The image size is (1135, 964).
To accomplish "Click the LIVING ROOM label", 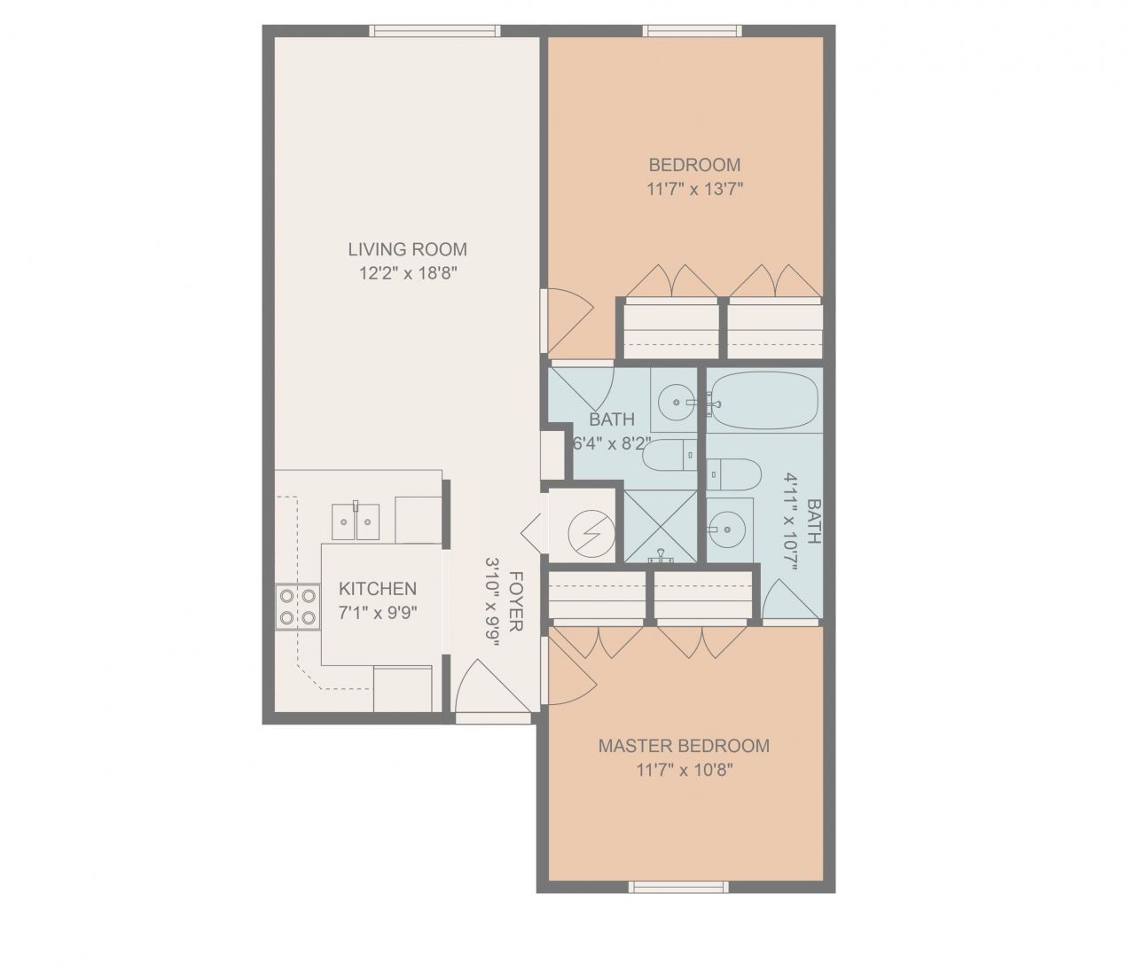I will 407,249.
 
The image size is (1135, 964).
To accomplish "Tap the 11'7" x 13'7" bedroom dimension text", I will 694,189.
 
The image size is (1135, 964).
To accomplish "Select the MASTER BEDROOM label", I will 684,746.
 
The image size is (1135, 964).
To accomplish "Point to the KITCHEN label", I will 378,589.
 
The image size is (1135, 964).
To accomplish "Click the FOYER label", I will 516,600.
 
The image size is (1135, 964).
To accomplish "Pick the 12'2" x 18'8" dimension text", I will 407,274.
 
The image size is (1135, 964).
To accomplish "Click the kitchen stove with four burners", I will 297,607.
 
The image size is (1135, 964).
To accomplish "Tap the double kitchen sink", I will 356,521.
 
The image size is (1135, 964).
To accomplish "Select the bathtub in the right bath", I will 764,401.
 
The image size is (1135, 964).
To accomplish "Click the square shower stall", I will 660,527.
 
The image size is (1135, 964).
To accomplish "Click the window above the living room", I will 434,31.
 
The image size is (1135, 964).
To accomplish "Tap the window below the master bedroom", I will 678,886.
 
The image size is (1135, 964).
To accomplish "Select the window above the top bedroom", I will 693,31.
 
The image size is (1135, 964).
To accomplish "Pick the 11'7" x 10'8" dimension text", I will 684,771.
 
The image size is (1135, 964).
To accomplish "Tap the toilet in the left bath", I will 666,457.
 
